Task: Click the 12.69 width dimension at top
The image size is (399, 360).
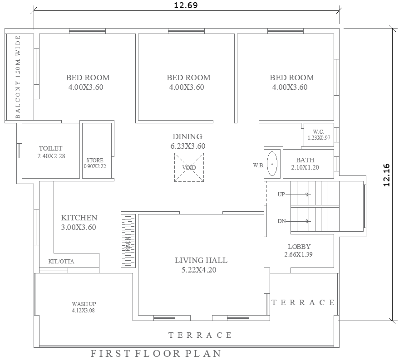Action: (186, 5)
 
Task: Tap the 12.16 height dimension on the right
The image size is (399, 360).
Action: (387, 175)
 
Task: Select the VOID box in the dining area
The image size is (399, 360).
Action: (189, 167)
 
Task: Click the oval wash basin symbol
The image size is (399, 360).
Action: (272, 163)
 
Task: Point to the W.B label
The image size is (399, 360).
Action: (258, 165)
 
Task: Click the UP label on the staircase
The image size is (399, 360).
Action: (281, 194)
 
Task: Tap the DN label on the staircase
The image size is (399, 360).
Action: (281, 221)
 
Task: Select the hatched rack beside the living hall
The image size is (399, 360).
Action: (128, 241)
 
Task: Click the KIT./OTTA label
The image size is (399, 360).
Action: (61, 262)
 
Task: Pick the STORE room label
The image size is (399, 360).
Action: (95, 163)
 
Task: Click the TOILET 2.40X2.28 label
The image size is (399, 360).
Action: (51, 152)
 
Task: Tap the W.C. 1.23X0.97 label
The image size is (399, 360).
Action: (319, 135)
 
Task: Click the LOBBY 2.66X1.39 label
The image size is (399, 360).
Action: (299, 251)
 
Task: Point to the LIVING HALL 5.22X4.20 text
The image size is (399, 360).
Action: (201, 265)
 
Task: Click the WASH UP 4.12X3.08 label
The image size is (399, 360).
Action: (84, 307)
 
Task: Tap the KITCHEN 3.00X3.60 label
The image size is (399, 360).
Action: (79, 223)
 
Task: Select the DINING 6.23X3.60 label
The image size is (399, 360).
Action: (187, 141)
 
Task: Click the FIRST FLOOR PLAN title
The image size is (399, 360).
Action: (156, 353)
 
